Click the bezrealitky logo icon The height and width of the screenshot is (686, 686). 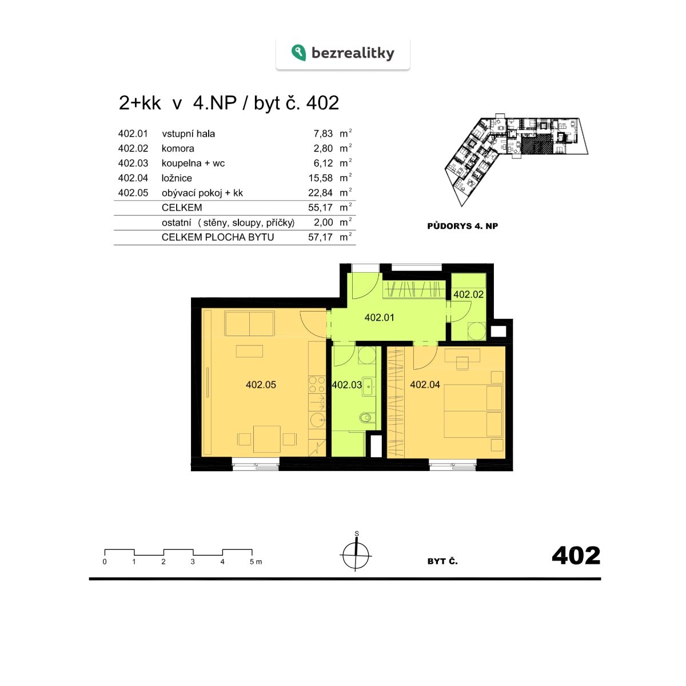(x=298, y=53)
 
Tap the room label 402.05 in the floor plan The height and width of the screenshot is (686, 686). (x=261, y=385)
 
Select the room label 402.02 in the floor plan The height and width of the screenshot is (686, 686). (x=469, y=294)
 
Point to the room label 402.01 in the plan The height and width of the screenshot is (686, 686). (x=379, y=317)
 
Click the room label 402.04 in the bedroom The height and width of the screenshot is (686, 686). (x=425, y=385)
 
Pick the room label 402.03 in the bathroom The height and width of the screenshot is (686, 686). (x=347, y=385)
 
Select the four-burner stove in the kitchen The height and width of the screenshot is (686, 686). (x=317, y=385)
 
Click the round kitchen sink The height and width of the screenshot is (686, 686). (x=317, y=420)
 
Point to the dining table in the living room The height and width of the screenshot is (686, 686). (x=266, y=439)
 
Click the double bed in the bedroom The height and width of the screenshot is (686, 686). (x=473, y=411)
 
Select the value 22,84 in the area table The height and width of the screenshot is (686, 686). (x=320, y=193)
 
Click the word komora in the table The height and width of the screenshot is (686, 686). (x=178, y=149)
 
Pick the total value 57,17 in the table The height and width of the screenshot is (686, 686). (x=320, y=237)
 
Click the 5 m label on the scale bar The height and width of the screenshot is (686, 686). (x=256, y=562)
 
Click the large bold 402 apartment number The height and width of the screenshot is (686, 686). (x=576, y=555)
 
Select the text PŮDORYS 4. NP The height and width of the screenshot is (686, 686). (x=462, y=226)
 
